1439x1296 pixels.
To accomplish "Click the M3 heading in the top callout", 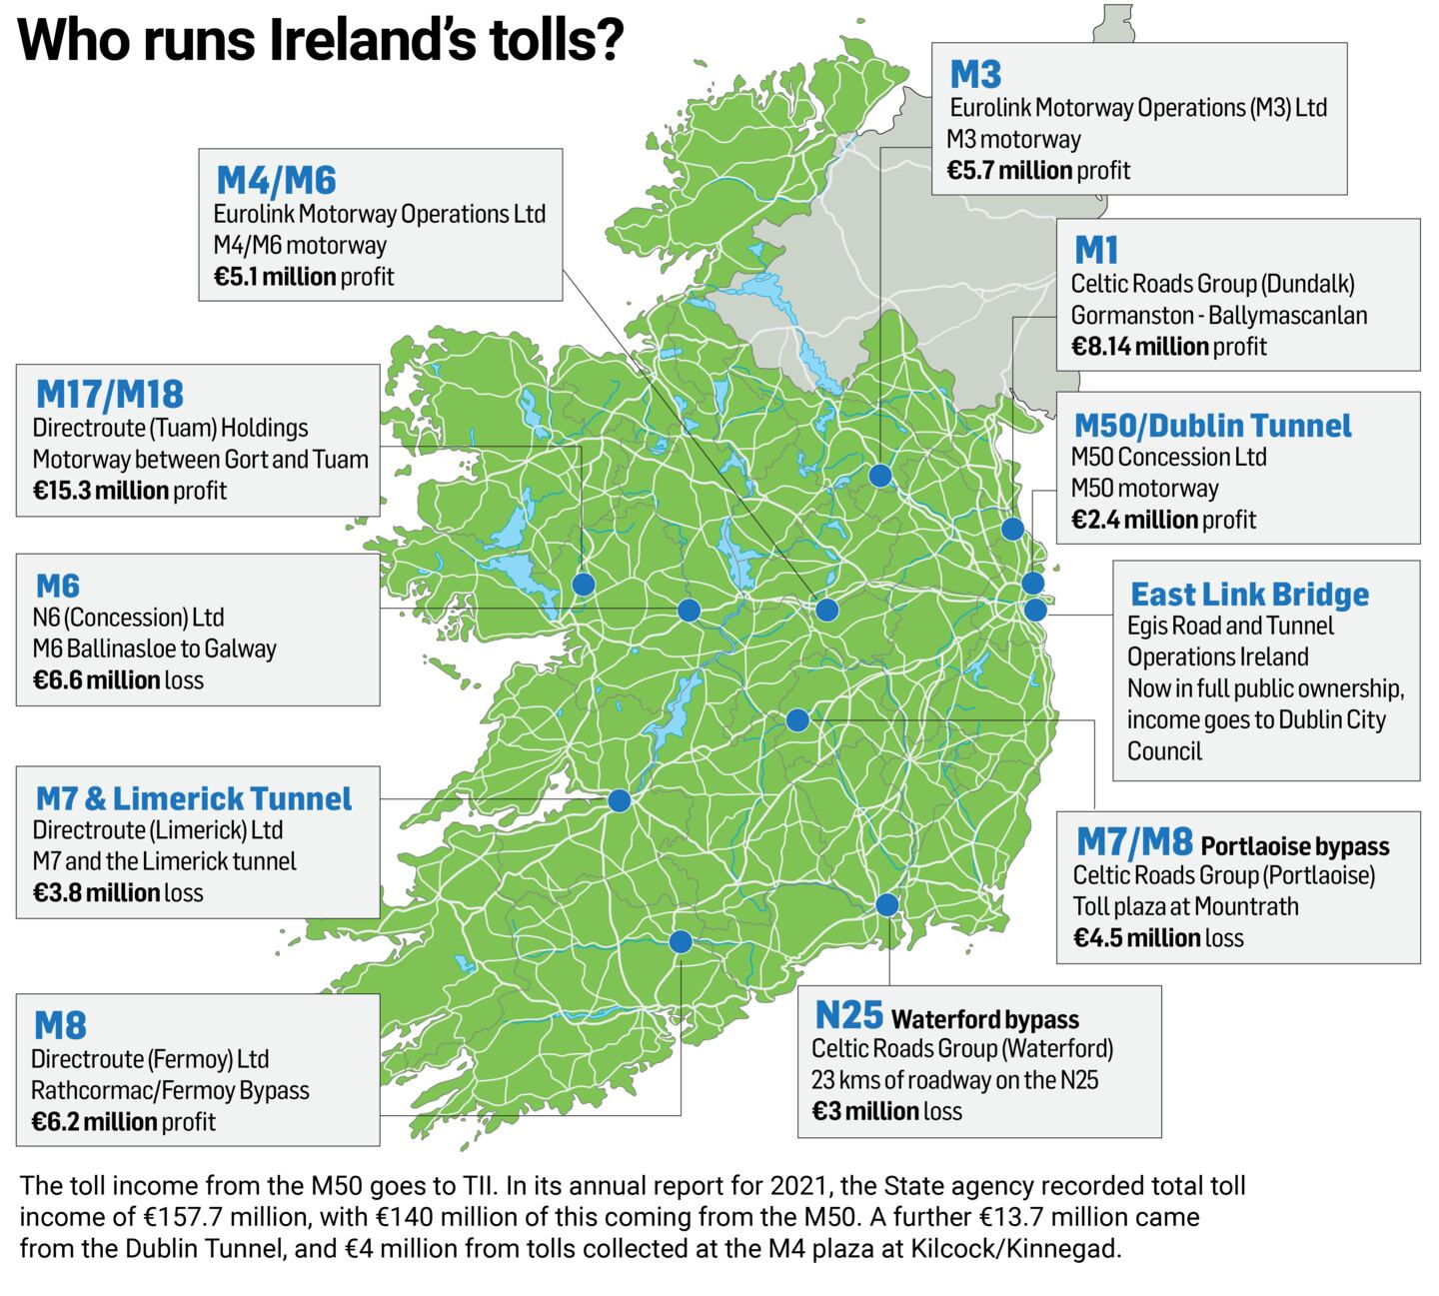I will (975, 74).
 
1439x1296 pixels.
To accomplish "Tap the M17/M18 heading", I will (110, 394).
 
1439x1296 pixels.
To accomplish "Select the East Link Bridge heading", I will (1249, 595).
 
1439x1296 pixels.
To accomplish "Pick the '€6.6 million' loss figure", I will (96, 680).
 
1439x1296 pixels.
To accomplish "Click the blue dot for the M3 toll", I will (879, 476).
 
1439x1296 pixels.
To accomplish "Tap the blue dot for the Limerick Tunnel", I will (619, 800).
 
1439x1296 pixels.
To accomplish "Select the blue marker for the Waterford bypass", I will (886, 905).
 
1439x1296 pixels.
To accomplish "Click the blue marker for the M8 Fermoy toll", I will (680, 941).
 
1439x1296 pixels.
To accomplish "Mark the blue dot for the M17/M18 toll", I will (583, 584).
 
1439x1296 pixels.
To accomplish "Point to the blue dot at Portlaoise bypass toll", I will (797, 719).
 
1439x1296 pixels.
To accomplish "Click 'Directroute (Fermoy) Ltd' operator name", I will (150, 1059).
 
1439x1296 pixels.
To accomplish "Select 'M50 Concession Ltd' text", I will (1168, 458).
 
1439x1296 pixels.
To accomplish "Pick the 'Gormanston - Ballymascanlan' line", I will (1218, 316).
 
